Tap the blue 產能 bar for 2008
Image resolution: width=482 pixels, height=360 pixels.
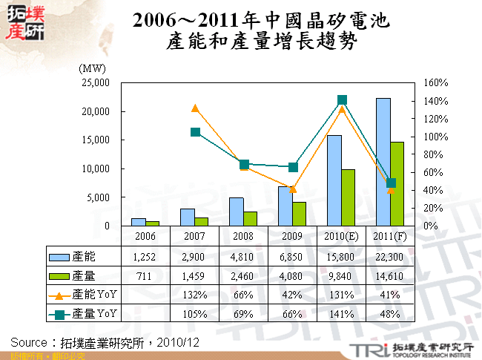click(x=236, y=212)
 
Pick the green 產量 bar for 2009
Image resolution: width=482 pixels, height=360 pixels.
click(x=299, y=214)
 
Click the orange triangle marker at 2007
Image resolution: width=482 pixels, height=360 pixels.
click(x=195, y=108)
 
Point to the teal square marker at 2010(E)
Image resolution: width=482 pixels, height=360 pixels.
click(x=342, y=100)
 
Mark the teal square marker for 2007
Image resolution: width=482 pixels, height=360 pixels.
click(x=195, y=132)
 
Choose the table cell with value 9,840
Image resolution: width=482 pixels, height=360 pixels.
click(x=342, y=276)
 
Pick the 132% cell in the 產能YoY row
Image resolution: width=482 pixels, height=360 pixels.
click(x=195, y=295)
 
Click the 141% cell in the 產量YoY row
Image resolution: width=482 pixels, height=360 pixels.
click(x=342, y=314)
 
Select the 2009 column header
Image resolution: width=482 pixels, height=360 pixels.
click(x=293, y=236)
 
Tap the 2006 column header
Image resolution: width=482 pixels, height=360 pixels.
click(x=146, y=236)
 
